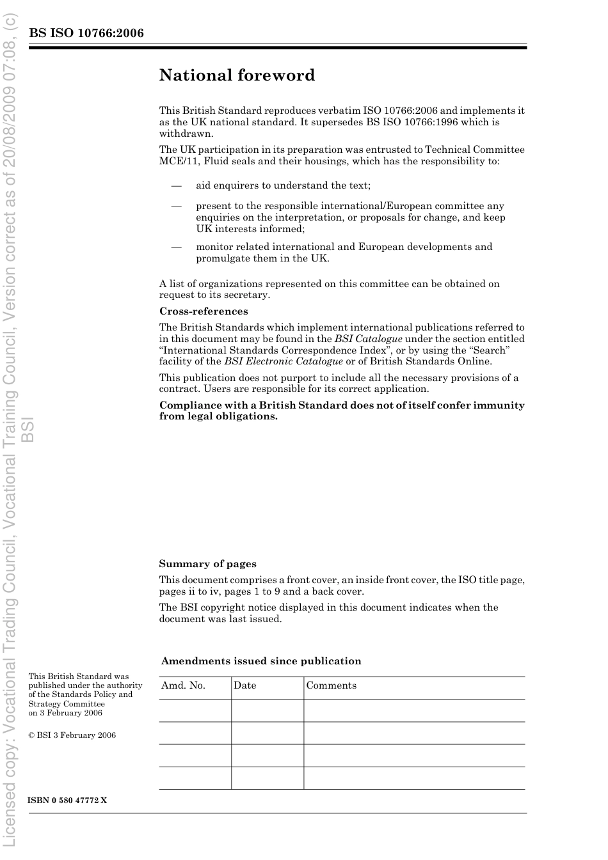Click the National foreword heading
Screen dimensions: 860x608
pyautogui.click(x=237, y=75)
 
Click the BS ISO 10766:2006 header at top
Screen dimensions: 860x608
pyautogui.click(x=86, y=33)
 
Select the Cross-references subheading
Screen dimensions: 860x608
pyautogui.click(x=204, y=311)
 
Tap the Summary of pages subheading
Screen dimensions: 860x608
pyautogui.click(x=207, y=564)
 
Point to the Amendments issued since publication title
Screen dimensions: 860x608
pyautogui.click(x=261, y=661)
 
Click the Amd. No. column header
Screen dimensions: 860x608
pyautogui.click(x=183, y=685)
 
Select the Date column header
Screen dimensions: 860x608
pyautogui.click(x=244, y=685)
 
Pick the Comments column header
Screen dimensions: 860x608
pyautogui.click(x=331, y=685)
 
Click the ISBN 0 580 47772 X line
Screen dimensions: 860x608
pyautogui.click(x=68, y=801)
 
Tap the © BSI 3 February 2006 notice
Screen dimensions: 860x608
pyautogui.click(x=72, y=735)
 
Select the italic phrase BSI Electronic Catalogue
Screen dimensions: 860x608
pyautogui.click(x=284, y=361)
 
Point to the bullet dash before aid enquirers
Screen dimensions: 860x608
pyautogui.click(x=176, y=185)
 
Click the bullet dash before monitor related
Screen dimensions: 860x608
pyautogui.click(x=176, y=247)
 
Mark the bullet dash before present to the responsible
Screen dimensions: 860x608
pyautogui.click(x=176, y=206)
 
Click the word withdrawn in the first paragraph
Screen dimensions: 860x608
pyautogui.click(x=186, y=134)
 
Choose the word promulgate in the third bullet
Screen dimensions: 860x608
pyautogui.click(x=221, y=258)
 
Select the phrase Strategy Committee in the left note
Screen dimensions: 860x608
pyautogui.click(x=67, y=704)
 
